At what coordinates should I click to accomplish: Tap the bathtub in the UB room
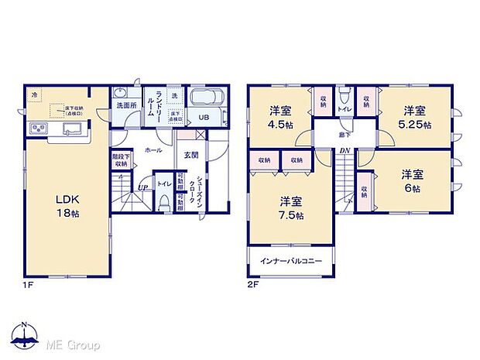205,100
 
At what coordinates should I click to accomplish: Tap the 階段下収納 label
120,160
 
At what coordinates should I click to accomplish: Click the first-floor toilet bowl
164,204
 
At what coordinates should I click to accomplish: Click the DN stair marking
346,151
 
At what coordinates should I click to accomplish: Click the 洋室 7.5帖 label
291,207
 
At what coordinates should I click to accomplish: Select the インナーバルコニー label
291,261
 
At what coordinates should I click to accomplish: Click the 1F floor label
28,285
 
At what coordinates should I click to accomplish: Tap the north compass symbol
25,335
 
